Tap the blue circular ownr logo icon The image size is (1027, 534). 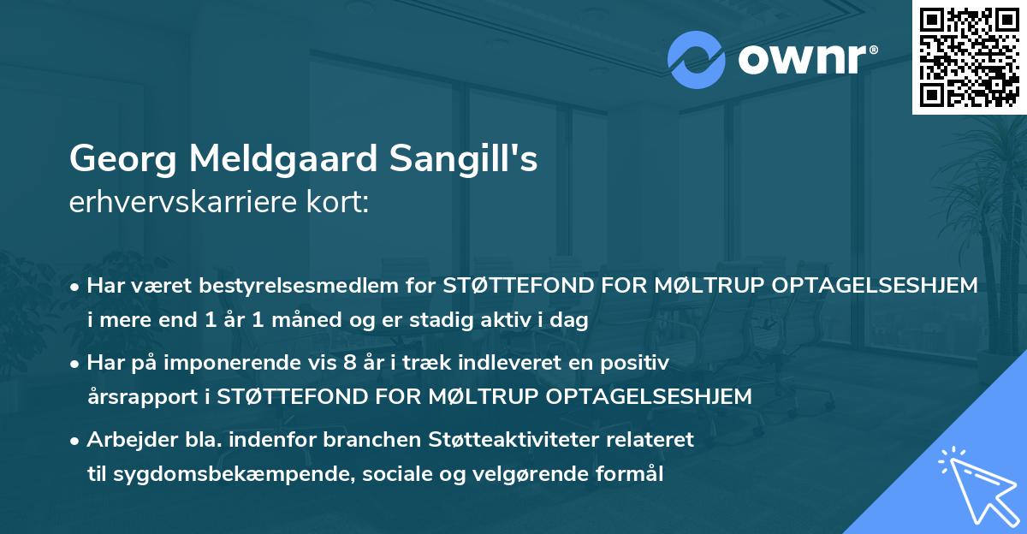(x=697, y=60)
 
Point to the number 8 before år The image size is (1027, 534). (x=348, y=363)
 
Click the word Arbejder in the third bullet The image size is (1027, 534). (x=127, y=440)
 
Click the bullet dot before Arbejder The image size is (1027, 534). (x=76, y=441)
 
